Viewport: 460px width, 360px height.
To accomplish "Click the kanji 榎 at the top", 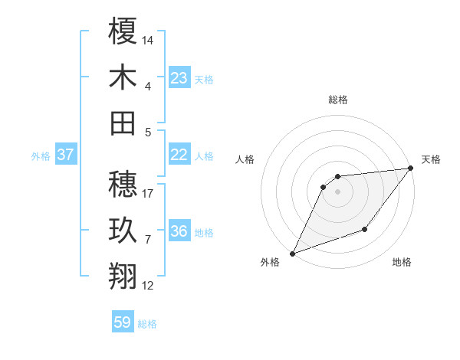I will [123, 31].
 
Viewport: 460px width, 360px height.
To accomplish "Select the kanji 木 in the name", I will [123, 77].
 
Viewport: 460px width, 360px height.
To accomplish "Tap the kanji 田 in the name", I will [123, 123].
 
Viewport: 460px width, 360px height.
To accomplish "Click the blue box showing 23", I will [179, 78].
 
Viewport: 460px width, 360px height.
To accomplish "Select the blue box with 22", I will [179, 155].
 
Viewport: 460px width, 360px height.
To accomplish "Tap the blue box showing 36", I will [179, 231].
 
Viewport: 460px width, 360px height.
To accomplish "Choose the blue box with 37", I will [66, 155].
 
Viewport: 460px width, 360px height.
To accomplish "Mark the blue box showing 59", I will [123, 322].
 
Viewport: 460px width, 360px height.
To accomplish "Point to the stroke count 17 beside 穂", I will [148, 193].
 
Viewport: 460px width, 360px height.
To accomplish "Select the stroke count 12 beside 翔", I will [148, 286].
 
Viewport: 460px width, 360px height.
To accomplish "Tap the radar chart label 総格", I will [337, 100].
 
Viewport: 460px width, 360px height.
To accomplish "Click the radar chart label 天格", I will [431, 159].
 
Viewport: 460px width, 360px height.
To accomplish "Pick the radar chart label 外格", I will [270, 263].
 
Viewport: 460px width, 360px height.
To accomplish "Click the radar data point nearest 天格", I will [411, 168].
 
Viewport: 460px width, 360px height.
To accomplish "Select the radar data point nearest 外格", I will [292, 254].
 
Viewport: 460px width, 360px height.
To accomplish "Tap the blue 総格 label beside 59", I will [147, 324].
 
